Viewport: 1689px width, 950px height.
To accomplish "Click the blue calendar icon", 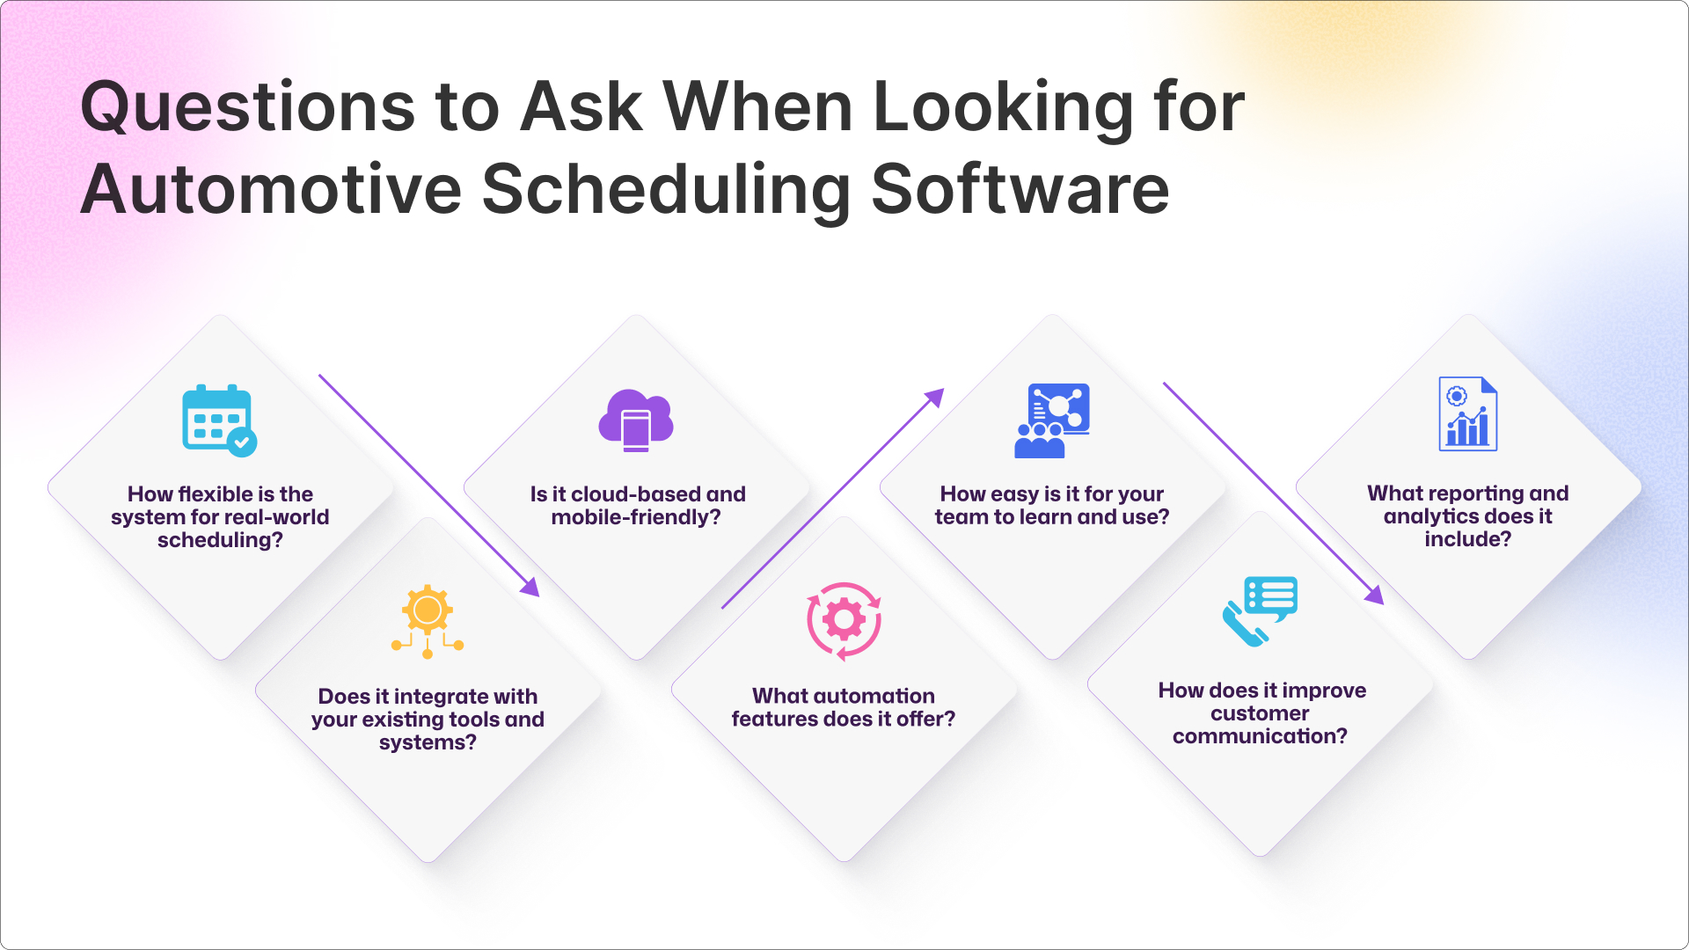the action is [219, 420].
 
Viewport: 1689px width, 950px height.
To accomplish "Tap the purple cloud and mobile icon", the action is [636, 420].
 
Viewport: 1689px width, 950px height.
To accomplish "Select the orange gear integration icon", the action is [428, 621].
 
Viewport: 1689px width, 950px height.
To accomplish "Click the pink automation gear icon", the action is [844, 621].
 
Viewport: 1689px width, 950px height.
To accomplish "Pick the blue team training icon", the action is [1052, 420].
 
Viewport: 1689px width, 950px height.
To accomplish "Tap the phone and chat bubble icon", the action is [1260, 611].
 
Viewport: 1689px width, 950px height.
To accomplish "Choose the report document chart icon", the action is [1468, 413].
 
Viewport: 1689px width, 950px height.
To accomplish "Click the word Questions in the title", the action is [248, 107].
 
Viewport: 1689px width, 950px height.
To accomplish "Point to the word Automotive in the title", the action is [272, 189].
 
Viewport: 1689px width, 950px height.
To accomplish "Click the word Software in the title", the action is [1020, 189].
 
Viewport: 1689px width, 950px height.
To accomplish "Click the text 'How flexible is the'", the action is [220, 494].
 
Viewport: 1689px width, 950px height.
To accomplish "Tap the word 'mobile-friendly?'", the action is [636, 517].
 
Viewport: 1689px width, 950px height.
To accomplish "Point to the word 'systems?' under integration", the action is [428, 742].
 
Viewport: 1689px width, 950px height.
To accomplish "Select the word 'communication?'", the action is [1260, 736].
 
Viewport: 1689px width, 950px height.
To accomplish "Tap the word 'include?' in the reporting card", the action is [1468, 539].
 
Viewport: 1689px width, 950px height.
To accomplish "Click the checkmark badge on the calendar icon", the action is [242, 442].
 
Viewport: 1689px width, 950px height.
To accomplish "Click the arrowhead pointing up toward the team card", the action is [935, 398].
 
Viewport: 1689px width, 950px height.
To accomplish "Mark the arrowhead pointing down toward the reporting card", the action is [1375, 596].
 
